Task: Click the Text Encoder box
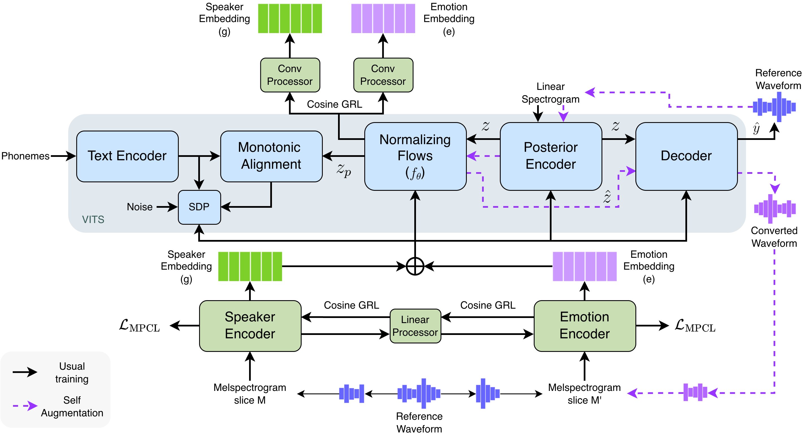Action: [127, 156]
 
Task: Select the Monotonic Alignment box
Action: [271, 156]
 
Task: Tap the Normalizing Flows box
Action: [415, 156]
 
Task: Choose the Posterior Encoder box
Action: [551, 156]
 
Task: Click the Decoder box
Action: [686, 156]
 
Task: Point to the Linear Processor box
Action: [415, 326]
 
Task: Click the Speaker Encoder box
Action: [250, 326]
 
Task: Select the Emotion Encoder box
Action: [585, 326]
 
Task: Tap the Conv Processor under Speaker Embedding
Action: [290, 75]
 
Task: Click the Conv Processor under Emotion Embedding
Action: [383, 75]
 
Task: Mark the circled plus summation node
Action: [415, 266]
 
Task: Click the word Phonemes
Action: [25, 156]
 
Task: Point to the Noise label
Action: [140, 207]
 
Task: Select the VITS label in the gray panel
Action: [93, 220]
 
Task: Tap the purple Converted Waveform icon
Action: [775, 209]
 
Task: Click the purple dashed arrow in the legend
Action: [25, 406]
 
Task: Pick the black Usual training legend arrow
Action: [25, 372]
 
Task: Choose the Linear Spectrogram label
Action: [551, 93]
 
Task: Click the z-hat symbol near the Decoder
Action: [607, 196]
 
